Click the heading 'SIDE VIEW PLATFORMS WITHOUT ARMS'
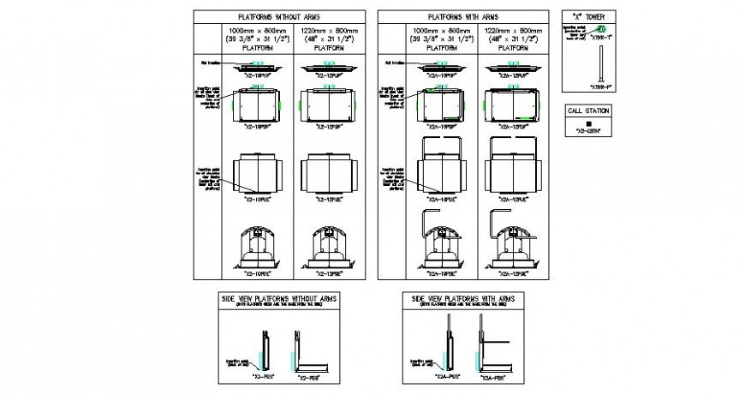(281, 297)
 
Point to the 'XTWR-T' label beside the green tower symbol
(617, 37)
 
